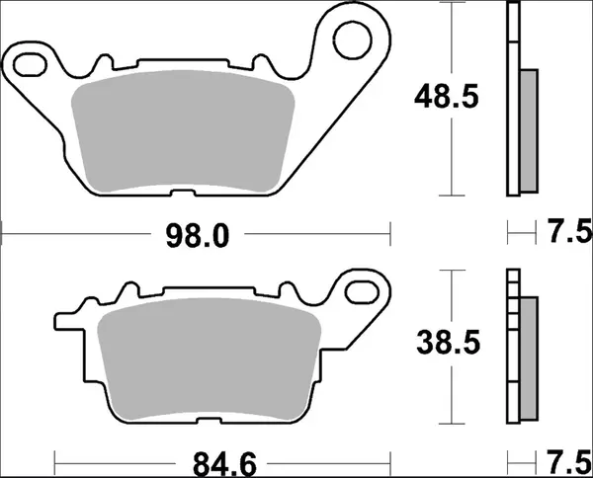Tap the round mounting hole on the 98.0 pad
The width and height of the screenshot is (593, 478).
pos(351,40)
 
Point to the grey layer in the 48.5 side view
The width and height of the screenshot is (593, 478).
pos(529,128)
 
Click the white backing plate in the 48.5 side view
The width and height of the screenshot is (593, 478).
pos(512,99)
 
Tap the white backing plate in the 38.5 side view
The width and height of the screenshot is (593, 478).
pos(512,346)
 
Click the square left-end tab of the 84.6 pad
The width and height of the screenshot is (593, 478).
pos(62,322)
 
